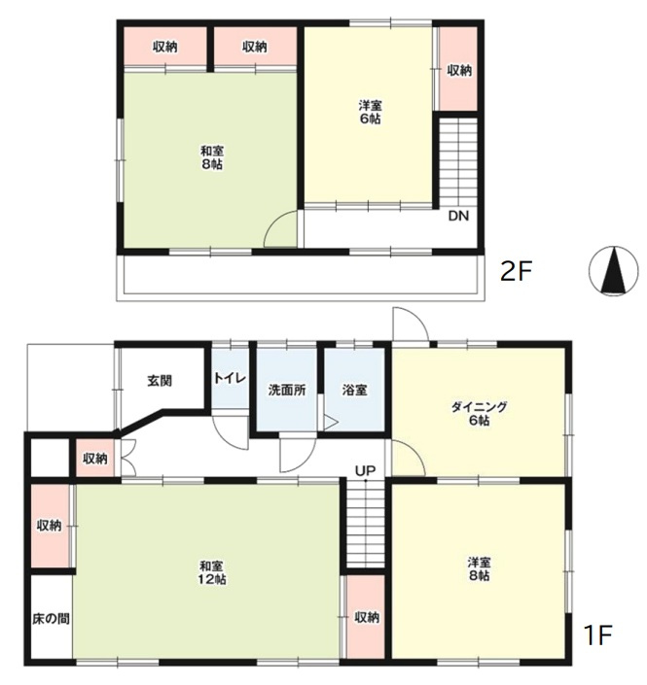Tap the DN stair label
click(458, 216)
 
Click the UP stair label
click(365, 470)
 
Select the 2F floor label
click(516, 272)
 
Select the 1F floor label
click(597, 635)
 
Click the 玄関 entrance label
click(160, 381)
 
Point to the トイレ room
click(231, 378)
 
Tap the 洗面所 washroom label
click(287, 390)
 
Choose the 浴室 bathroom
click(354, 390)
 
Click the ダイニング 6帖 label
click(479, 413)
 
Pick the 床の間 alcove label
click(51, 619)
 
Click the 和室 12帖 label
click(212, 573)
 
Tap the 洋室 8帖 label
click(479, 568)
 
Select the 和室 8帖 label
click(212, 157)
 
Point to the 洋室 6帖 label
click(370, 112)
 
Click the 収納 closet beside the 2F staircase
click(458, 69)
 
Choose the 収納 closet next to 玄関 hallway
click(95, 459)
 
